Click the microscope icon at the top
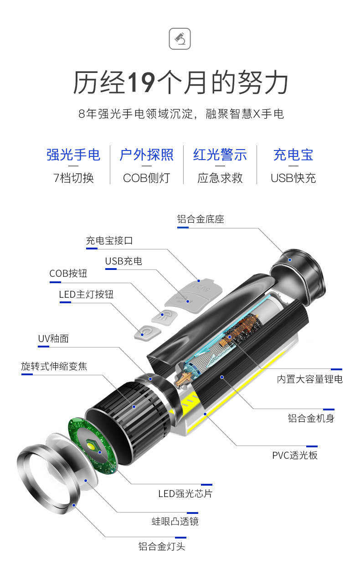180,39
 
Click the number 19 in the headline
141,82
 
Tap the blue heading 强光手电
73,155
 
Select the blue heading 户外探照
146,155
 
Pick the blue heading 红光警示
220,155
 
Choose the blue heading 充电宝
293,155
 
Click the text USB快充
293,178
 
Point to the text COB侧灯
146,178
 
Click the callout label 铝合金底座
201,219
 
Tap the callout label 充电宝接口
109,240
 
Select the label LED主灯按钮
86,295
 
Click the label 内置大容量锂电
310,379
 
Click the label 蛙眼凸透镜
175,522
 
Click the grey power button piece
148,332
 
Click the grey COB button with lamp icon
165,317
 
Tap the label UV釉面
53,339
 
